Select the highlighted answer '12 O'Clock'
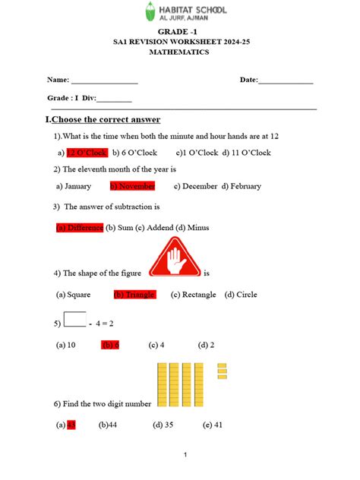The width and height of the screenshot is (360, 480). [x=87, y=153]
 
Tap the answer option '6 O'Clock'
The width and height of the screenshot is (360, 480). [x=135, y=153]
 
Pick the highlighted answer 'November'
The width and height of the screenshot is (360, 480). [x=133, y=186]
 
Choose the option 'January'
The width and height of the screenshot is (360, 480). [x=74, y=186]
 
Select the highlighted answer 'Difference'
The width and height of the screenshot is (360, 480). [x=80, y=227]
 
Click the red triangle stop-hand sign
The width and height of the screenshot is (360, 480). [x=175, y=259]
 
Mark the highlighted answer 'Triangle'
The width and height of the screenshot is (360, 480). [x=134, y=295]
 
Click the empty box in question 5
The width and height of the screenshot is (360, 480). [x=74, y=317]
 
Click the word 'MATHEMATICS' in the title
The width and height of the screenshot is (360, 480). [x=179, y=53]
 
